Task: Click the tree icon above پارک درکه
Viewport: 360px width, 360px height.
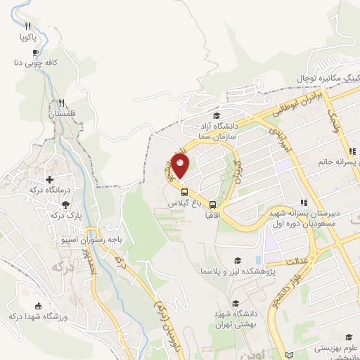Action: coord(66,205)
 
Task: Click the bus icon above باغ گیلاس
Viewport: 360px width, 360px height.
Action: coord(184,191)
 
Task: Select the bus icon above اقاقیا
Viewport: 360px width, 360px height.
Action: coord(213,204)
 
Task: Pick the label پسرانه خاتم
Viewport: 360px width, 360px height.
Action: coord(334,162)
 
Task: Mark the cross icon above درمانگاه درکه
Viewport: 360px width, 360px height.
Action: coord(49,180)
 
